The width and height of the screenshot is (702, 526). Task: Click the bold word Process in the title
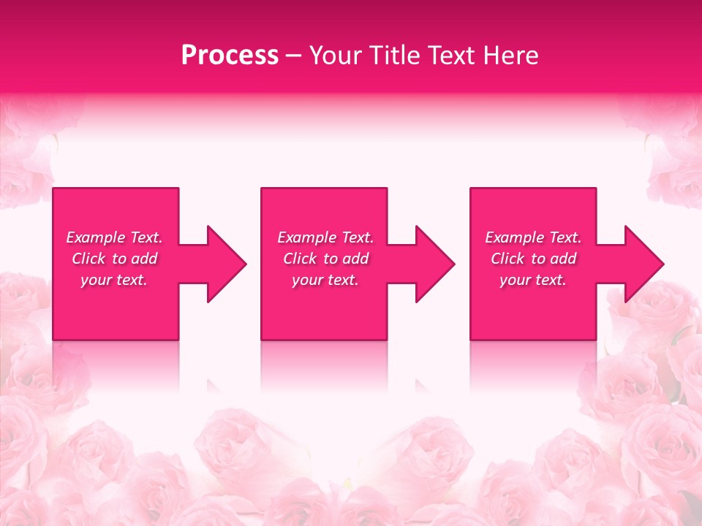pos(230,56)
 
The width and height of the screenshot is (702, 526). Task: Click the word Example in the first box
pos(95,237)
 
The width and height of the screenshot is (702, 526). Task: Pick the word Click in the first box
pos(89,259)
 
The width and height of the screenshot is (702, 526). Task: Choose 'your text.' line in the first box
pos(114,280)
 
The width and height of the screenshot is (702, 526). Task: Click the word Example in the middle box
pos(306,237)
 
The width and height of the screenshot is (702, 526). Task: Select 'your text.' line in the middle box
pos(325,280)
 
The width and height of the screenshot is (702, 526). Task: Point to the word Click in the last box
pos(508,259)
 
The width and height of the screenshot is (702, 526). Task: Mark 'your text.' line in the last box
pos(533,280)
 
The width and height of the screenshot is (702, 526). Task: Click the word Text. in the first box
pos(146,237)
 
